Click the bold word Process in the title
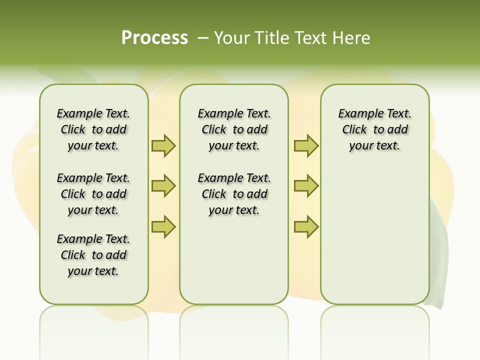[154, 38]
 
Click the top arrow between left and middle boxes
[163, 145]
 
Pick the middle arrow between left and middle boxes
[163, 186]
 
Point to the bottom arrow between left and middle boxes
[163, 226]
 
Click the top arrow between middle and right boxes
[306, 145]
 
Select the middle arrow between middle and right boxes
[306, 186]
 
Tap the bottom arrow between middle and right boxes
[306, 226]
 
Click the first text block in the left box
[93, 129]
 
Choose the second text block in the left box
[93, 194]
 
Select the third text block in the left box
[93, 255]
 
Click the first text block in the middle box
[234, 129]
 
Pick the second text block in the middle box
[234, 194]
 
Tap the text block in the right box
[375, 129]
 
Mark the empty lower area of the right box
[375, 230]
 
